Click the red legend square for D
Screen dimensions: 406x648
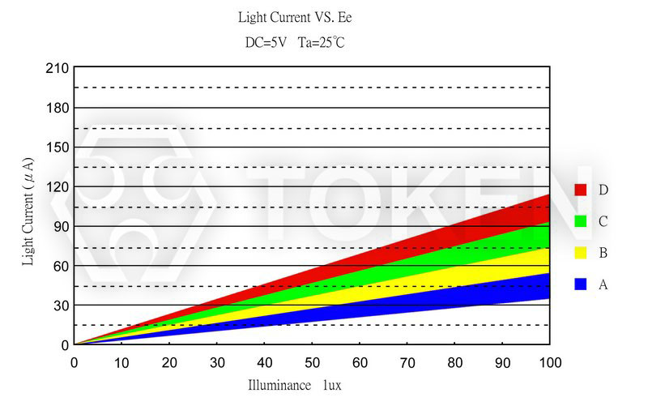(x=580, y=190)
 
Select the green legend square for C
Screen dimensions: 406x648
(x=580, y=221)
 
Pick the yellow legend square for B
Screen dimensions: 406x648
(x=580, y=253)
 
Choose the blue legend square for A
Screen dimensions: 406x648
(x=580, y=284)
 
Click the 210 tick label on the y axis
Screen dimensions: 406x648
(x=57, y=68)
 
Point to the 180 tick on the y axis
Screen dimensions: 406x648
(x=57, y=108)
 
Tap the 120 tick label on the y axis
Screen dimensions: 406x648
(x=57, y=187)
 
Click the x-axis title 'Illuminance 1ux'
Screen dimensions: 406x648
(x=294, y=385)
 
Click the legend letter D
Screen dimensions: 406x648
(x=603, y=190)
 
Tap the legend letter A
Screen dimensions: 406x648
(x=603, y=284)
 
